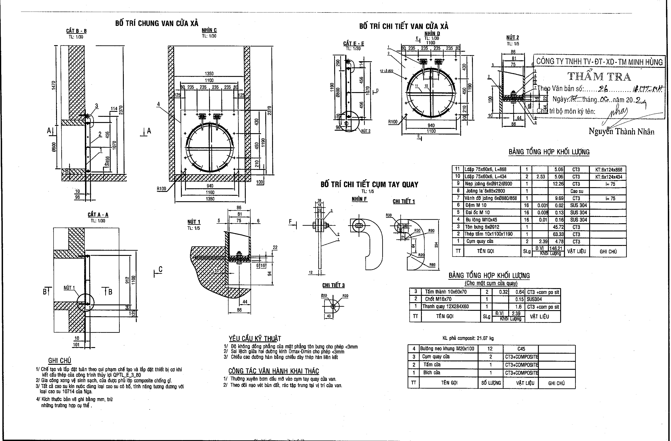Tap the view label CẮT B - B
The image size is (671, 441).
coord(76,31)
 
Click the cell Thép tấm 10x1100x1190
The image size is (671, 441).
coord(492,234)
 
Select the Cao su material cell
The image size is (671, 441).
coord(577,191)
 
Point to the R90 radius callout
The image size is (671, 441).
coord(431,230)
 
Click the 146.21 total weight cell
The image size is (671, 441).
coord(556,248)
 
